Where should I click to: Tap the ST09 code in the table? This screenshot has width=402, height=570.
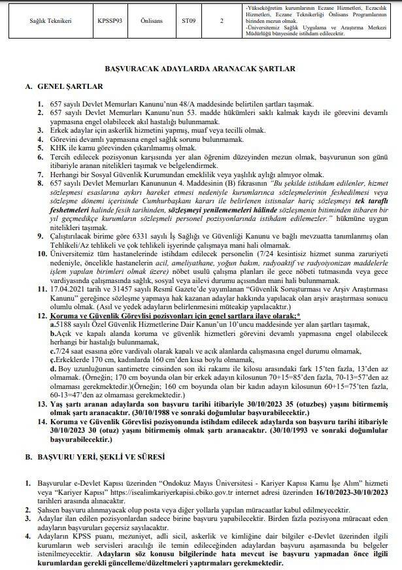(x=189, y=20)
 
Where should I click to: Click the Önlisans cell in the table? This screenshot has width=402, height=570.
(x=152, y=20)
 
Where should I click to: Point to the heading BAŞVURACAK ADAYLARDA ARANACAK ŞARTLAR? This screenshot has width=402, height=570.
(x=201, y=67)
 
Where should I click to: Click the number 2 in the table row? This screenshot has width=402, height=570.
(x=222, y=20)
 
